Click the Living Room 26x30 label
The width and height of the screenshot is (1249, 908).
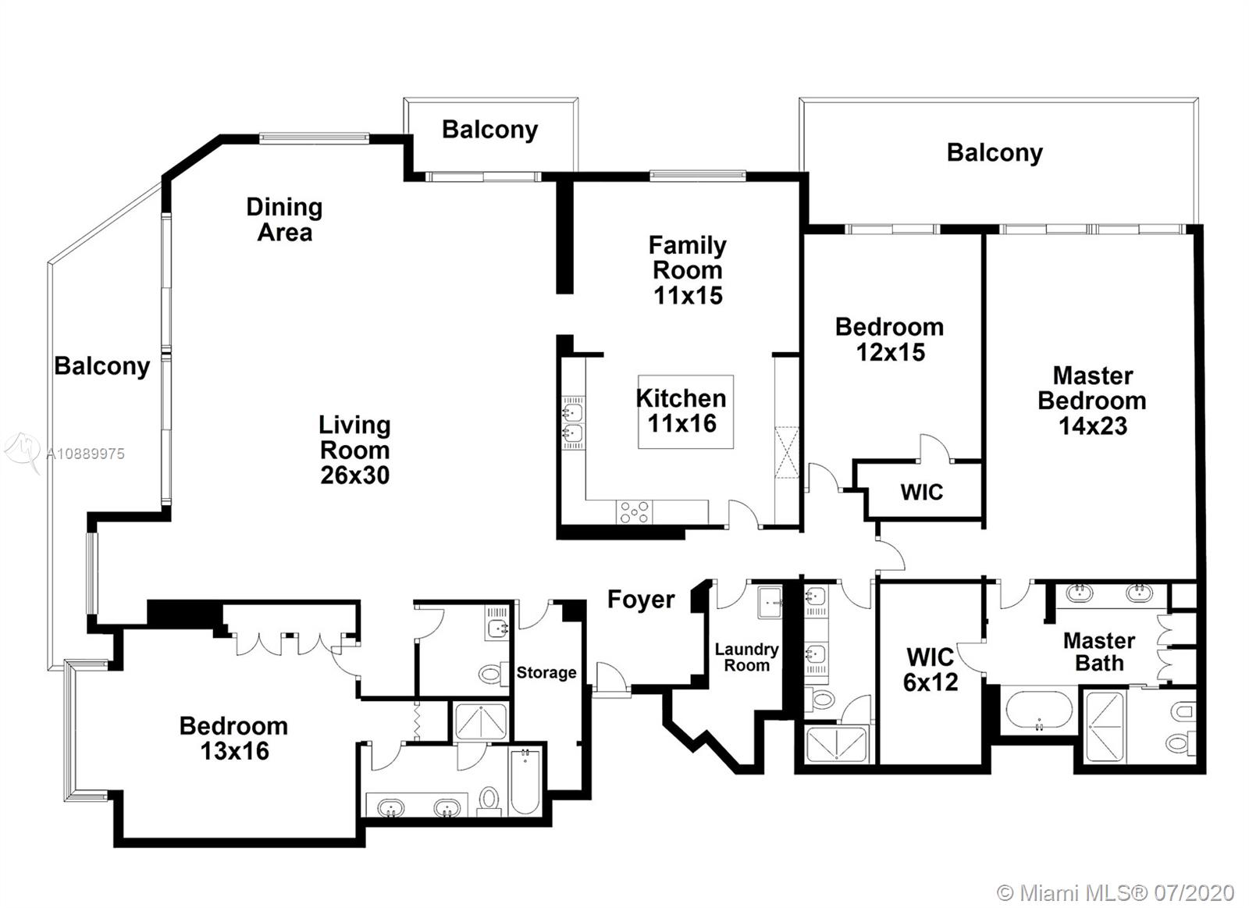[x=354, y=450]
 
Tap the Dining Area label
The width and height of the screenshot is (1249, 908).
[x=284, y=219]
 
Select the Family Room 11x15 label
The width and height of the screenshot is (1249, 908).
[x=688, y=270]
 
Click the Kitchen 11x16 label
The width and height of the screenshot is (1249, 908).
[x=681, y=411]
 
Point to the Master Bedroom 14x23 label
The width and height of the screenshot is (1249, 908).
[x=1092, y=401]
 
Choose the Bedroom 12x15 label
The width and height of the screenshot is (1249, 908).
[x=890, y=339]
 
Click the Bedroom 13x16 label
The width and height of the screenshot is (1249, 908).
[x=234, y=739]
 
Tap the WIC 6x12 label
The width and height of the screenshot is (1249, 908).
[x=930, y=669]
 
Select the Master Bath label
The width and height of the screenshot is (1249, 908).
[x=1099, y=652]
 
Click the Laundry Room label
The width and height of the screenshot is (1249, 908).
[x=746, y=657]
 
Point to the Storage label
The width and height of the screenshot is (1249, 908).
[x=546, y=673]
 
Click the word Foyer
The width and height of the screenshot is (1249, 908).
[x=641, y=600]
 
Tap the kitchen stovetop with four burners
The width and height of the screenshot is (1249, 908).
[x=635, y=512]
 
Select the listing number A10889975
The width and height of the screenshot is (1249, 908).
[x=85, y=454]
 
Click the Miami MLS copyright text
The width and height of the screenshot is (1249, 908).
[x=1116, y=893]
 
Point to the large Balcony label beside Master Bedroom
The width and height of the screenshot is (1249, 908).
[x=995, y=153]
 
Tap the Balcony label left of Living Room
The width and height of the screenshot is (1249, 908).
[x=102, y=366]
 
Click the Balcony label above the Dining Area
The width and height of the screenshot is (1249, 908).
[x=490, y=130]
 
